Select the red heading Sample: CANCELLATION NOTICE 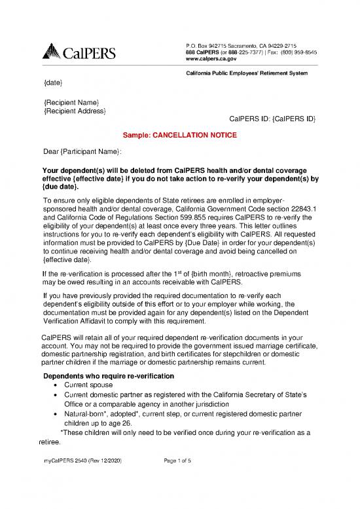[180, 136]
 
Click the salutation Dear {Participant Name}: [82, 153]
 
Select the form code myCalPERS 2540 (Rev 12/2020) [81, 462]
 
